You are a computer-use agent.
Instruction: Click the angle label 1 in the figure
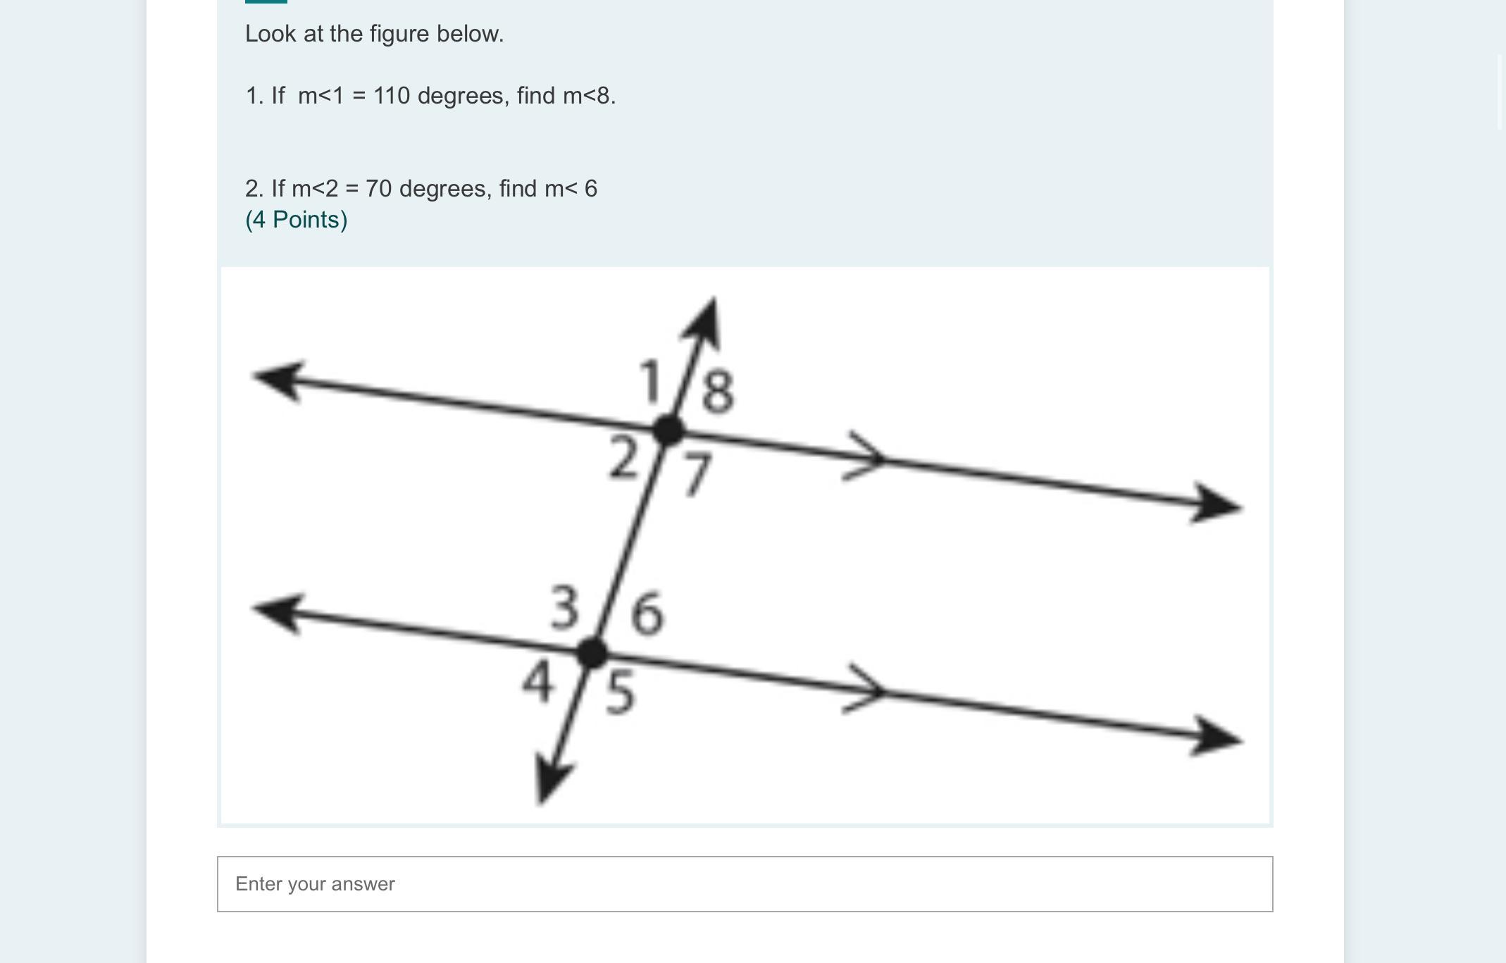pos(650,381)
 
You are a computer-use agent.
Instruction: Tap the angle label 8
pos(718,391)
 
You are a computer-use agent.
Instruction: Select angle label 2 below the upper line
pos(623,458)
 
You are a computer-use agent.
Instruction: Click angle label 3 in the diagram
pos(565,607)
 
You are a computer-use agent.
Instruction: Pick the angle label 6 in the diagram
pos(647,614)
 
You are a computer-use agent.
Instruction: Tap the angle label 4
pos(537,683)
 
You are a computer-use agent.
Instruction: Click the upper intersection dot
pos(668,430)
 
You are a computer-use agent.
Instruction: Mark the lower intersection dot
pos(592,652)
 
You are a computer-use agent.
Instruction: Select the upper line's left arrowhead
pos(279,381)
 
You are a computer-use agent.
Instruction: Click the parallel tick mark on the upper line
pos(865,456)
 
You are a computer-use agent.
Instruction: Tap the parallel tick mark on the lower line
pos(865,689)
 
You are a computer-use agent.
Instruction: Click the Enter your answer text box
pos(745,884)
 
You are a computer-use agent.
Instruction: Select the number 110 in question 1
pos(392,95)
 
